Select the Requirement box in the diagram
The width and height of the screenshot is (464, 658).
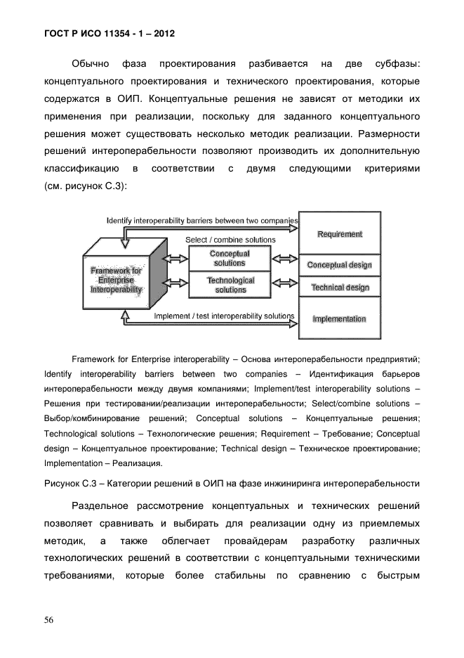340,234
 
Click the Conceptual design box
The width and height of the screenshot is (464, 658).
340,266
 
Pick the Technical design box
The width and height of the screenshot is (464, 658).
340,288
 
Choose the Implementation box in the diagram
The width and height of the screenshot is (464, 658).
340,319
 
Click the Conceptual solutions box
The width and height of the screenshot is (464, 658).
230,259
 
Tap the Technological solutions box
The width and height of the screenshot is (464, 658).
230,285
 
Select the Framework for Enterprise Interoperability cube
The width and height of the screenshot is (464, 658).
117,280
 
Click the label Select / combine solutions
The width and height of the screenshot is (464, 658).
230,240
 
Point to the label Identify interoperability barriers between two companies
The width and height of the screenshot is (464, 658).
202,220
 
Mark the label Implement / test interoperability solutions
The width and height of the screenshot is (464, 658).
223,316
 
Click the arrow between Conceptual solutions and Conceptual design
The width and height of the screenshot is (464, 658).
285,259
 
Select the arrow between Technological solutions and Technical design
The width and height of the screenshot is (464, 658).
285,284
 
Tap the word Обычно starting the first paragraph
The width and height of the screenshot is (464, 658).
90,64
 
